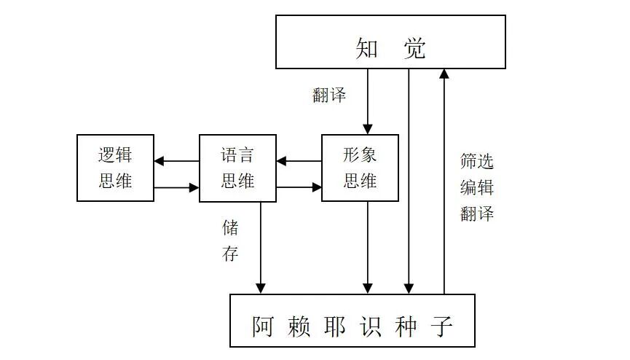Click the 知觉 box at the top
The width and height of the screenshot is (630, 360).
[x=390, y=48]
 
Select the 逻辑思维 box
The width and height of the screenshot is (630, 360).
[x=115, y=168]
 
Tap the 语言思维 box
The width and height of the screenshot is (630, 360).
[x=237, y=168]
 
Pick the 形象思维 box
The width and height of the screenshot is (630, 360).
[x=360, y=168]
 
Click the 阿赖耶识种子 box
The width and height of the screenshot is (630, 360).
[x=353, y=321]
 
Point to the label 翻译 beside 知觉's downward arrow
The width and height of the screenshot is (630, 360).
[x=329, y=95]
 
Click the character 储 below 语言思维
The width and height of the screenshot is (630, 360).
[x=230, y=227]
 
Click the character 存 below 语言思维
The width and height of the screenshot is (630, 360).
[x=230, y=254]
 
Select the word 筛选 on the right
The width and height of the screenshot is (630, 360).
[x=477, y=161]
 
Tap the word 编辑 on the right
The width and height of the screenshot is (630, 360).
[x=477, y=187]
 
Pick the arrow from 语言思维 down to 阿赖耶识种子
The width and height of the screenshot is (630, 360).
[x=261, y=248]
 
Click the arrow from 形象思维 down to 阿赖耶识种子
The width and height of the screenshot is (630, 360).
[x=368, y=248]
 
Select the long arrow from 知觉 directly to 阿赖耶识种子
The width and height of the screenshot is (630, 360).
[x=409, y=182]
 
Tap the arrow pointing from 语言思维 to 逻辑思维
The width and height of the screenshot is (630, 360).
[x=176, y=161]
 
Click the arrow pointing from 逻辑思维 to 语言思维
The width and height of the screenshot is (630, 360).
[x=176, y=187]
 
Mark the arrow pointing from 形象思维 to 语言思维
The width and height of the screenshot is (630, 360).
[x=299, y=161]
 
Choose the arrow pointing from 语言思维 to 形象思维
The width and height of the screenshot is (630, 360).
[x=299, y=187]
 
